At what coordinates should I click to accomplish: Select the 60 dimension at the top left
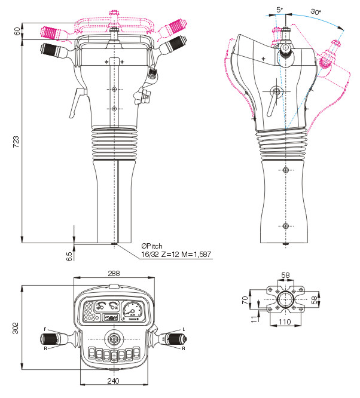click(x=16, y=31)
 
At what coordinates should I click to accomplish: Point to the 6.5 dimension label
click(x=69, y=255)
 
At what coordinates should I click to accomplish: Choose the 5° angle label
click(x=280, y=10)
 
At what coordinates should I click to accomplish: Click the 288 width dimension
click(x=114, y=273)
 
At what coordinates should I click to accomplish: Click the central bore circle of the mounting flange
click(x=284, y=299)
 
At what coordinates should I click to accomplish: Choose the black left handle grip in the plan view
click(x=53, y=339)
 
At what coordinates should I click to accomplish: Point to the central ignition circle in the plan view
click(x=114, y=339)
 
